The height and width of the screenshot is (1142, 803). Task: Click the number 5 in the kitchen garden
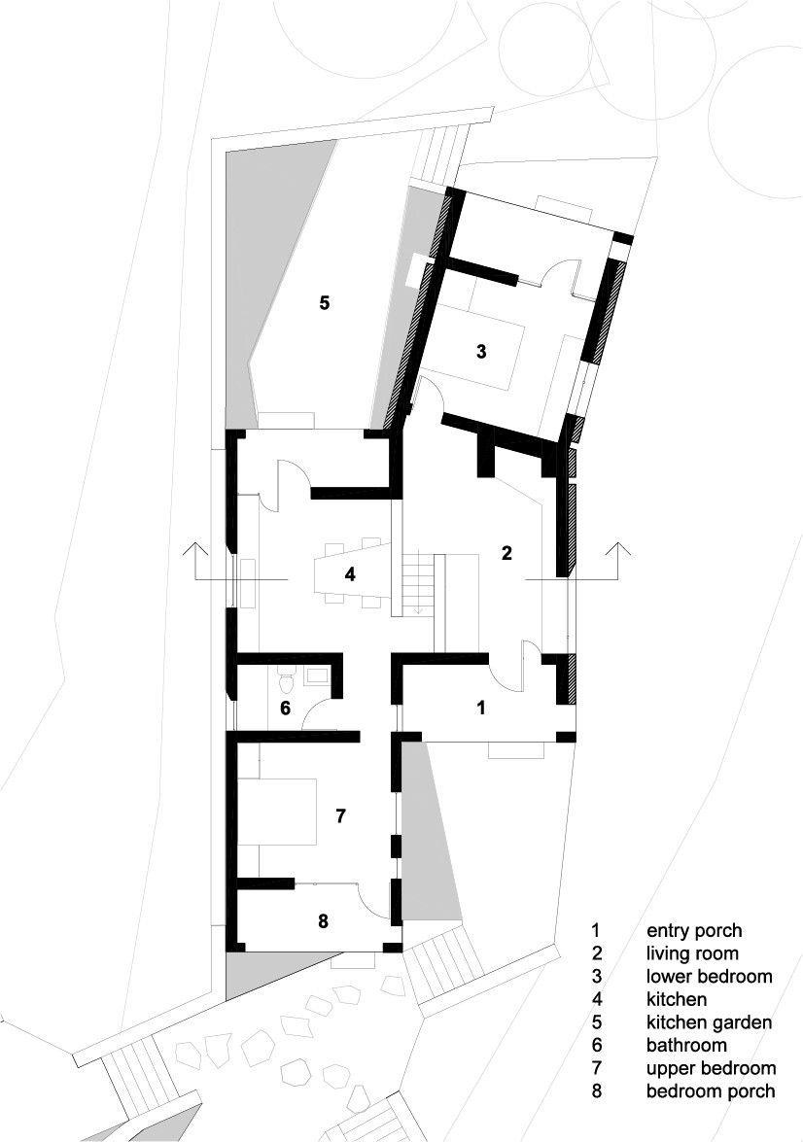point(325,302)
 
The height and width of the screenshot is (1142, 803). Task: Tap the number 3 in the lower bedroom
point(481,351)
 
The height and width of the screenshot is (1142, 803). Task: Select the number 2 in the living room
point(506,553)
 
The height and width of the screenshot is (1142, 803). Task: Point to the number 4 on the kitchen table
point(350,574)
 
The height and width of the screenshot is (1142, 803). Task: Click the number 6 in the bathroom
point(286,708)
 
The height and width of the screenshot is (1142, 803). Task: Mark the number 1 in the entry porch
point(480,707)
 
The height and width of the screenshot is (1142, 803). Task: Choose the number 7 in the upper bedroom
point(339,815)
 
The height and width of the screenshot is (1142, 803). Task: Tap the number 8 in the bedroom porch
point(324,921)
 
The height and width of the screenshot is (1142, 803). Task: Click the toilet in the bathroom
point(287,680)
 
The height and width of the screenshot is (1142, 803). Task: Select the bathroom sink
point(316,675)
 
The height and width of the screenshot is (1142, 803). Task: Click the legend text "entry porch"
point(694,930)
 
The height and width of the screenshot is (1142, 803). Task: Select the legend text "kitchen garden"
point(709,1021)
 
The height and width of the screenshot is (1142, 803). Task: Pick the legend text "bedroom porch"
point(711,1090)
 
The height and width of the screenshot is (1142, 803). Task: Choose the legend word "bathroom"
point(686,1045)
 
